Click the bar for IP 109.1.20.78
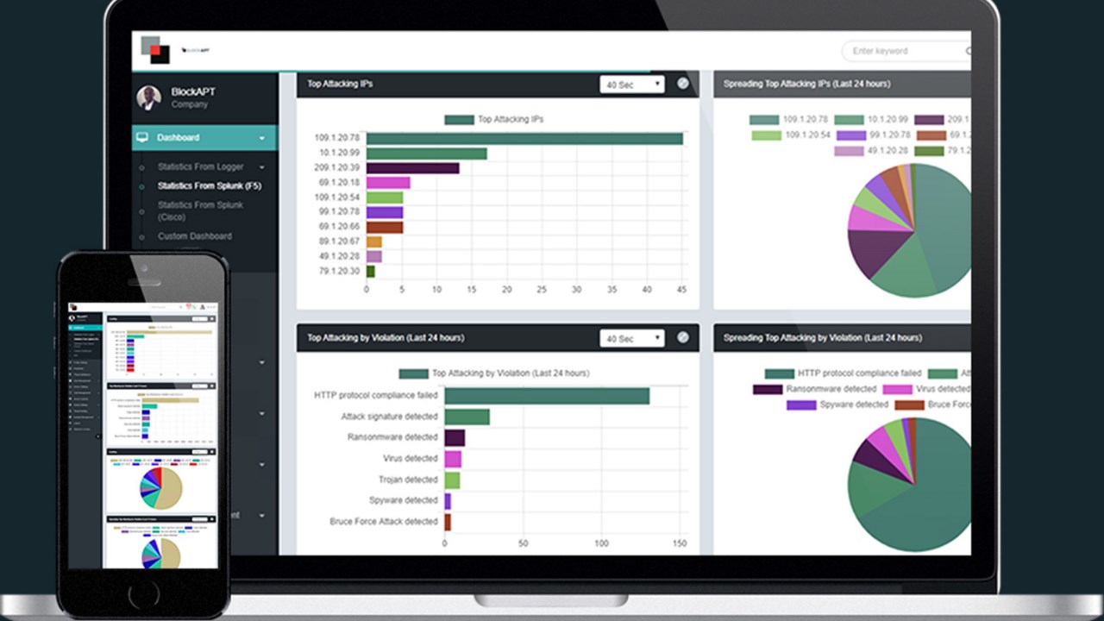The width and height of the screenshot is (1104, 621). coord(524,138)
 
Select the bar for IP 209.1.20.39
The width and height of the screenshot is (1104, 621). coord(412,168)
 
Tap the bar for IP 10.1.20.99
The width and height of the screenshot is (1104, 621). coord(426,154)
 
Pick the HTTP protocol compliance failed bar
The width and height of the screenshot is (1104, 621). coord(547,396)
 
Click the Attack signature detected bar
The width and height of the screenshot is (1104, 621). coord(467,417)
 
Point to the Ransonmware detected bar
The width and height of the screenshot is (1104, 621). coord(455,437)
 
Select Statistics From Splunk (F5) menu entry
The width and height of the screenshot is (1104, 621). coord(209,185)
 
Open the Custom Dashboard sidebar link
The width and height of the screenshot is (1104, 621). coord(194,236)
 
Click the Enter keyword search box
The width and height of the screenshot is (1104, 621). coord(906,51)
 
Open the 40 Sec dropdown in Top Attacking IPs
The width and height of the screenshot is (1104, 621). coord(632,85)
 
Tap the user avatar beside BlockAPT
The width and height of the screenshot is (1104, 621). coord(148,97)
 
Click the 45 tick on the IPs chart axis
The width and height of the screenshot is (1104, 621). coord(682,290)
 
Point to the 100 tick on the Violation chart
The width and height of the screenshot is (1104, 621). coord(601,544)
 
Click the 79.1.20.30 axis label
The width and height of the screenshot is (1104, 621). coord(339,272)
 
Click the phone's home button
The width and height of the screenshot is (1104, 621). coord(143,594)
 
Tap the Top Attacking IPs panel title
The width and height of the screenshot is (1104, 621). coord(340,85)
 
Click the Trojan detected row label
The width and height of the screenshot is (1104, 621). coord(408,480)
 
